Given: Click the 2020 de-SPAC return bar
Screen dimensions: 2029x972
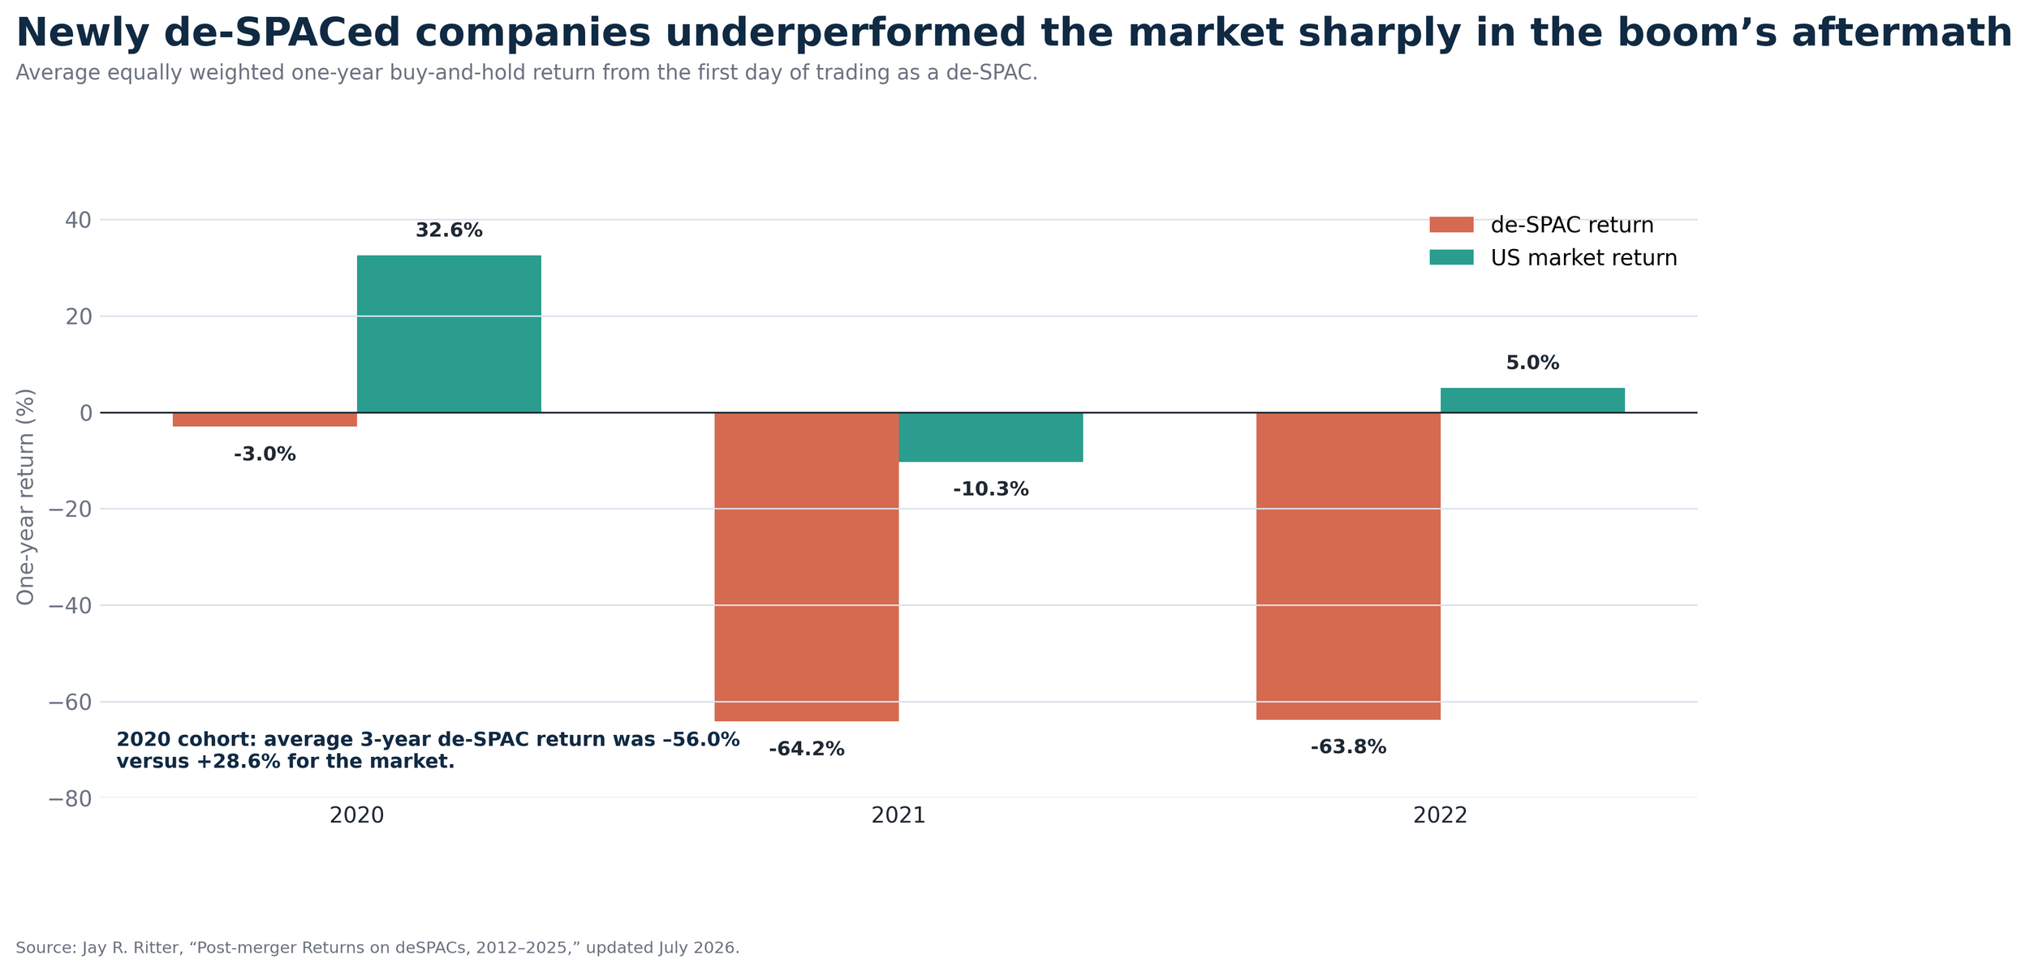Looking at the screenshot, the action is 265,419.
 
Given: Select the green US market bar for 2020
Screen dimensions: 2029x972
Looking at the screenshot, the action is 449,334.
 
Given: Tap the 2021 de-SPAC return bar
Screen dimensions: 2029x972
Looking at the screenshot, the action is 806,567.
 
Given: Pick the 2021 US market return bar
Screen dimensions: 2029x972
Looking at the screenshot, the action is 990,437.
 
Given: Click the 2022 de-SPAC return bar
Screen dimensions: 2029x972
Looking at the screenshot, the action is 1348,566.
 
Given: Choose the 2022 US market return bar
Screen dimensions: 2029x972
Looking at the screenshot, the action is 1532,401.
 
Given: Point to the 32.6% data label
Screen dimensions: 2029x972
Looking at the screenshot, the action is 449,231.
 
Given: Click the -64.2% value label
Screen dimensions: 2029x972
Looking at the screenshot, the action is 807,750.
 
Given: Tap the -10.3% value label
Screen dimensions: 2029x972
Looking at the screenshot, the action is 990,490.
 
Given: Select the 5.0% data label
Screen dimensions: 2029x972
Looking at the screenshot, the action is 1532,363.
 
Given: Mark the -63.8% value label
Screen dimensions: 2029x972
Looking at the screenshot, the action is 1348,748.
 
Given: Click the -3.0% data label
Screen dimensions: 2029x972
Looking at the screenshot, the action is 265,455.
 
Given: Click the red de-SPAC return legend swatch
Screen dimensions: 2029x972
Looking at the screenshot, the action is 1451,225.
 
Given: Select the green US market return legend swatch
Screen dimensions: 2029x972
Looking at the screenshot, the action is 1451,257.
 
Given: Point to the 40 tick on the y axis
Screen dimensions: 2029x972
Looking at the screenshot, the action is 78,220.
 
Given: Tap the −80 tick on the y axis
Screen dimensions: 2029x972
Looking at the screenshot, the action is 71,799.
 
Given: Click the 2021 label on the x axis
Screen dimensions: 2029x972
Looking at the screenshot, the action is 898,816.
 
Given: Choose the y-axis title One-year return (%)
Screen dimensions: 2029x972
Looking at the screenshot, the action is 26,497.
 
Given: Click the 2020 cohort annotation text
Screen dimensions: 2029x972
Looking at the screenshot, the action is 428,751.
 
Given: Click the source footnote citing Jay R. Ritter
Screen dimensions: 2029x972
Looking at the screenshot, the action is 377,948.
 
